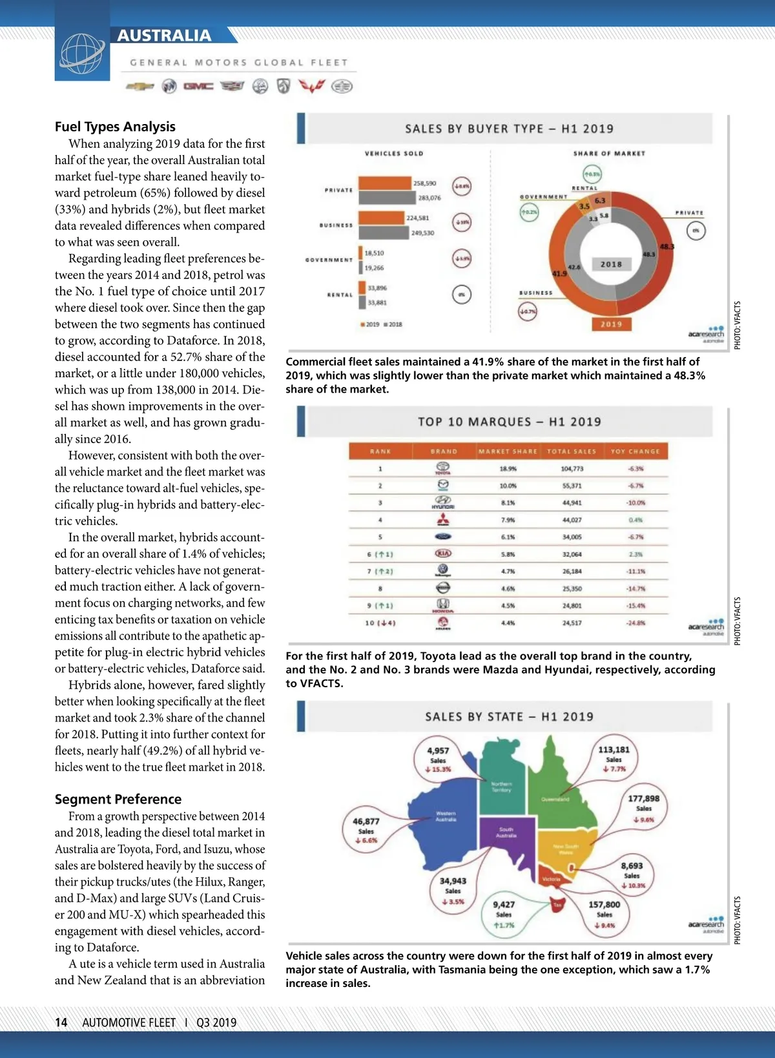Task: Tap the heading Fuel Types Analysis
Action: pos(115,127)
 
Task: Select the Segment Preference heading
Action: pos(118,799)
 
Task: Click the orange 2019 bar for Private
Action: pos(385,183)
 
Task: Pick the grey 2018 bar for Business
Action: pos(384,233)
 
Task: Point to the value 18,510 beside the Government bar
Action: pos(374,253)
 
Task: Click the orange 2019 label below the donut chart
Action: pos(611,324)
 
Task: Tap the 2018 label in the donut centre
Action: pos(611,264)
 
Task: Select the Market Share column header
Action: pos(508,451)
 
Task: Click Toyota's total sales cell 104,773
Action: pos(572,469)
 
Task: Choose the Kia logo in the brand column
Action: pos(444,554)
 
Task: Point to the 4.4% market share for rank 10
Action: pos(508,623)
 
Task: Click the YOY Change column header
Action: pos(635,451)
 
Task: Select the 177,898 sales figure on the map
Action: pos(644,799)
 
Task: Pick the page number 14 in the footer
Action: pos(61,1022)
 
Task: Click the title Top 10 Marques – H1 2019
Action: pos(509,422)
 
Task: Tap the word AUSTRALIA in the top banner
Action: pos(164,36)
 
